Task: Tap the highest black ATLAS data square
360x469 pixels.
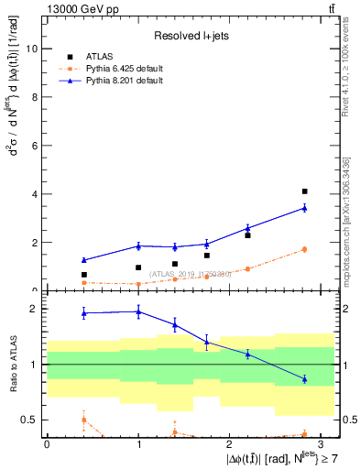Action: (x=304, y=191)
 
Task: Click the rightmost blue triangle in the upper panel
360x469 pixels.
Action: (x=304, y=208)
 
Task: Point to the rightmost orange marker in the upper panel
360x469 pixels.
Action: (x=304, y=249)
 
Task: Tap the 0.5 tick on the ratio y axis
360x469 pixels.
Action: (x=28, y=420)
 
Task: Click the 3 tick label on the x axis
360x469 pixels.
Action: (x=322, y=443)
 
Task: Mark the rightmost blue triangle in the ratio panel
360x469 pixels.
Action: (x=304, y=379)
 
